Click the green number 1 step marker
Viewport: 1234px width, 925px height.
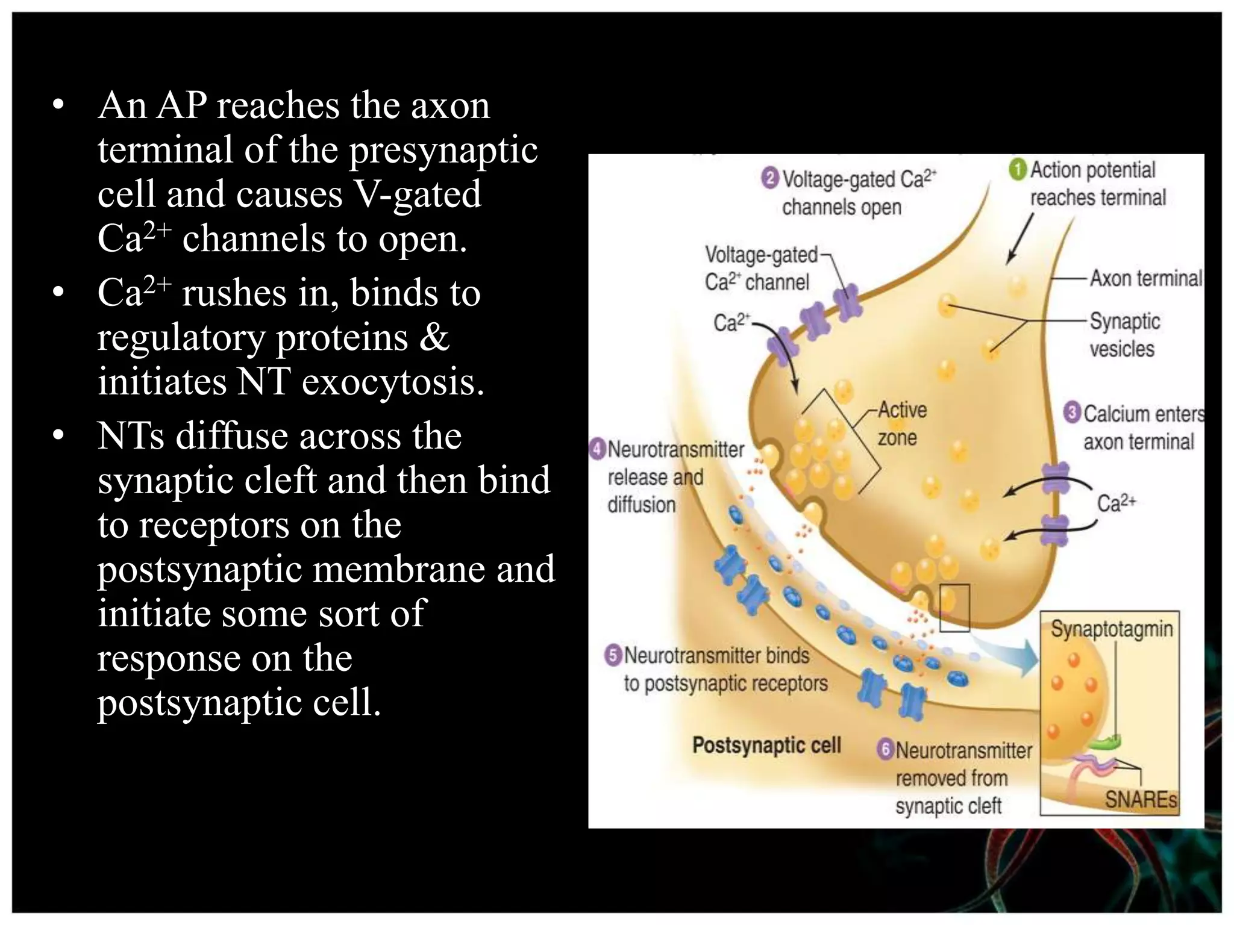point(1018,169)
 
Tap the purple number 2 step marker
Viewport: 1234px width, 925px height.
point(769,178)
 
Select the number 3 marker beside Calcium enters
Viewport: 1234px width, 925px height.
point(1072,413)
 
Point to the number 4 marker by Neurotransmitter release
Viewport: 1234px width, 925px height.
point(597,449)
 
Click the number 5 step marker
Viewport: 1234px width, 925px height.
point(613,655)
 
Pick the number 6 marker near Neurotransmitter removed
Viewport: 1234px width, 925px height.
point(885,749)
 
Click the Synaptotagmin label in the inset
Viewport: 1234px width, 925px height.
point(1112,629)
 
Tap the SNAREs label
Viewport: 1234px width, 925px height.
point(1141,799)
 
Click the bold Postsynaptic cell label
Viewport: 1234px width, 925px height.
point(766,745)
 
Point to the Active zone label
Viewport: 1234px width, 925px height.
point(901,423)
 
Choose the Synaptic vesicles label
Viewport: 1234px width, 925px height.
point(1124,335)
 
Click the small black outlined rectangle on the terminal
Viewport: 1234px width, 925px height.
point(954,607)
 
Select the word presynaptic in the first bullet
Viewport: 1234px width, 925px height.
point(443,150)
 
